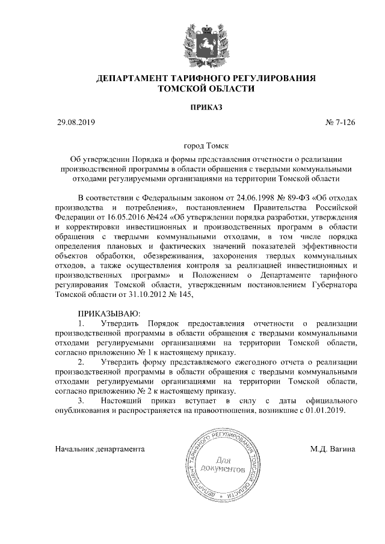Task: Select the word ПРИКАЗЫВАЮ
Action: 109,314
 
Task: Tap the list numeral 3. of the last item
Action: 82,401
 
